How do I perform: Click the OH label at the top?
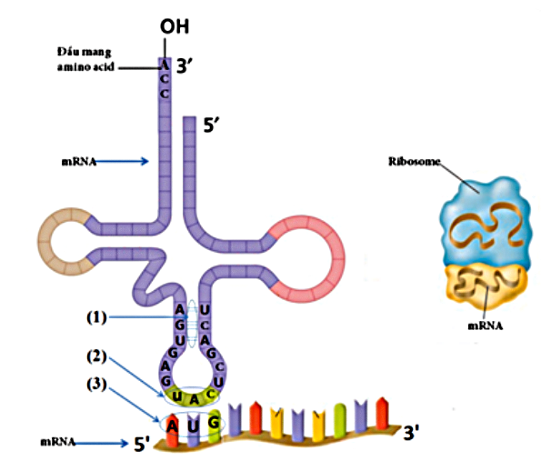(x=175, y=26)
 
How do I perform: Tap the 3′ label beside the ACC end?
(x=185, y=65)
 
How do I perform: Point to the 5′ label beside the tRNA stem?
(x=211, y=125)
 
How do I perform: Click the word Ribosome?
(x=414, y=161)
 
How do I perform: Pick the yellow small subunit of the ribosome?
(x=486, y=286)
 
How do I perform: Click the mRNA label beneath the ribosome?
(x=486, y=326)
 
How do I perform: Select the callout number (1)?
(x=96, y=317)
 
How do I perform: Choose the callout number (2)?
(x=96, y=356)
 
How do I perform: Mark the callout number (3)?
(x=96, y=384)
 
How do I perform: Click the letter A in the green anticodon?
(x=195, y=400)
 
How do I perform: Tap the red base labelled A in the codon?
(x=172, y=429)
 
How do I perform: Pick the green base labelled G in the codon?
(x=215, y=426)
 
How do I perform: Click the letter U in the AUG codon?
(x=193, y=426)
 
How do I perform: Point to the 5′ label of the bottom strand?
(x=142, y=444)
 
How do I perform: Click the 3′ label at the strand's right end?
(x=411, y=432)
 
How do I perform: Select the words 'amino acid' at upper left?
(x=85, y=66)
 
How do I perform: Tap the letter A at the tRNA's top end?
(x=165, y=65)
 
